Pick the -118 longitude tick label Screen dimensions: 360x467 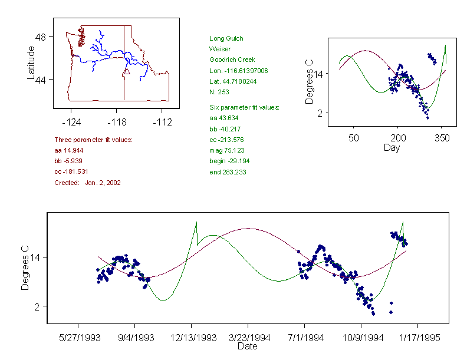pyautogui.click(x=116, y=123)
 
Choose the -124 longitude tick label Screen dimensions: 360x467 pyautogui.click(x=71, y=123)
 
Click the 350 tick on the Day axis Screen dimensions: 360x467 pyautogui.click(x=442, y=138)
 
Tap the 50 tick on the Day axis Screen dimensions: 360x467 pyautogui.click(x=354, y=138)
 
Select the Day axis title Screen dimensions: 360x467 pyautogui.click(x=392, y=147)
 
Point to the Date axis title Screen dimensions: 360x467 pyautogui.click(x=247, y=346)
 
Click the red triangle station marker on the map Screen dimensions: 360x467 pyautogui.click(x=126, y=72)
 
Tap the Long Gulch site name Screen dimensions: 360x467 pyautogui.click(x=226, y=39)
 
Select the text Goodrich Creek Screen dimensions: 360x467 pyautogui.click(x=231, y=60)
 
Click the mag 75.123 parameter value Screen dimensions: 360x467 pyautogui.click(x=227, y=150)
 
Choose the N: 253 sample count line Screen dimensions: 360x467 pyautogui.click(x=219, y=92)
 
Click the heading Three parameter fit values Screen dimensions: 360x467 pyautogui.click(x=93, y=140)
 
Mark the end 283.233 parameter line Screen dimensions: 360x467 pyautogui.click(x=228, y=172)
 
